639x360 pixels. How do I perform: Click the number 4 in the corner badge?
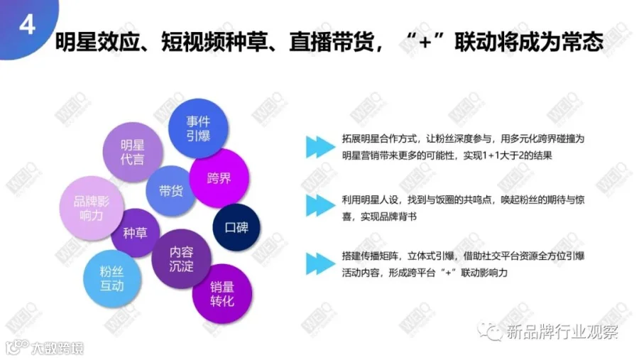click(x=27, y=26)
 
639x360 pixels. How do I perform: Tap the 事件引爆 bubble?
click(x=198, y=128)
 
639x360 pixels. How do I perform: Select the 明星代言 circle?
click(x=133, y=152)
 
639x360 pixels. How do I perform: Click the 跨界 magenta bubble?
click(x=219, y=178)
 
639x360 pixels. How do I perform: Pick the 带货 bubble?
click(x=170, y=190)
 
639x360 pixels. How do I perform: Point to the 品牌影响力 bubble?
click(x=92, y=208)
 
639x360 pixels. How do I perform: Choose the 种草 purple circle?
click(x=135, y=233)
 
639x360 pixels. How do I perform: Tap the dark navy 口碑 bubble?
click(x=236, y=227)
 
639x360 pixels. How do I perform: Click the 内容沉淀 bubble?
click(x=181, y=258)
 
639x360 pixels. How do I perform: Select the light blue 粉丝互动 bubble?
click(x=112, y=279)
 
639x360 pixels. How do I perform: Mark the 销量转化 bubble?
click(x=222, y=294)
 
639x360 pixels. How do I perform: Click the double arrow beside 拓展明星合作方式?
click(x=320, y=147)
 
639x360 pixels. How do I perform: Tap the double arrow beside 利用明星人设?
click(x=320, y=205)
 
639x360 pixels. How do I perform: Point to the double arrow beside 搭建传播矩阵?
click(x=320, y=263)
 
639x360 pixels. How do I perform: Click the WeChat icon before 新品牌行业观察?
click(x=490, y=331)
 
